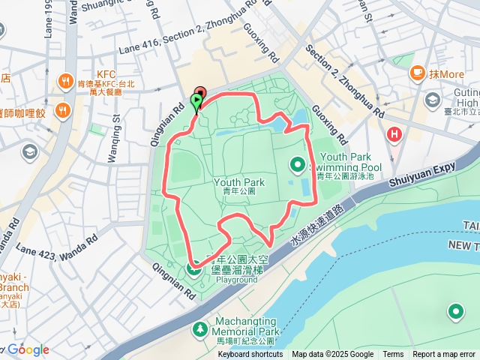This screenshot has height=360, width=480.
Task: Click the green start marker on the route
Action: click(x=197, y=100)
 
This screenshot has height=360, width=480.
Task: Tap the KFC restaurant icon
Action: click(x=65, y=82)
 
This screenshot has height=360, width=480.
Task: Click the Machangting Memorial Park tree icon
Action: click(x=199, y=328)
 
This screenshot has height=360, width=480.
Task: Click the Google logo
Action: click(x=28, y=349)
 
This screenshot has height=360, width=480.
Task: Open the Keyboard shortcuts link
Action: click(x=250, y=355)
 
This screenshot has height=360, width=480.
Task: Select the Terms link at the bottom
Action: click(x=393, y=355)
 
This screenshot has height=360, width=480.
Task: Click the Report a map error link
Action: click(x=444, y=355)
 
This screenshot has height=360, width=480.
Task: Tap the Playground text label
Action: click(x=237, y=280)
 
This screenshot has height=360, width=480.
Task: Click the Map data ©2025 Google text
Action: click(x=332, y=355)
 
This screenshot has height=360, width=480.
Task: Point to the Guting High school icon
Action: click(x=433, y=100)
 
